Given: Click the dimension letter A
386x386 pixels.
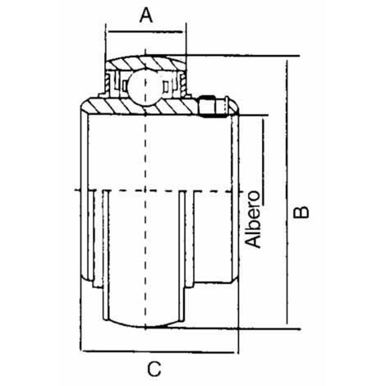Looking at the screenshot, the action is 146,15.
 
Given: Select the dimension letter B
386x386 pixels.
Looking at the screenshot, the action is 301,213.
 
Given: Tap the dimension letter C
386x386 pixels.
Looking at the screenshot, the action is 154,369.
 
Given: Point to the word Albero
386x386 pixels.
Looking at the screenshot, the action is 252,219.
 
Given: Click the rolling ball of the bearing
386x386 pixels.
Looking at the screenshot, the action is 145,87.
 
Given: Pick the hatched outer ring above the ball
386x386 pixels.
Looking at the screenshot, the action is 145,63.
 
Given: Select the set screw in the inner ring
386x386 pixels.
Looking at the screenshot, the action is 213,106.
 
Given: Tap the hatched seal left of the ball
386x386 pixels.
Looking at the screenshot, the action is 108,83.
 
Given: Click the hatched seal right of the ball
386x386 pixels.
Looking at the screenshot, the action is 183,83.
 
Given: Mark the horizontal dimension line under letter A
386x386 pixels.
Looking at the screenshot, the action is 145,32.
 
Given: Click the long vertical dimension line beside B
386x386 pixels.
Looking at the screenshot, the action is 287,192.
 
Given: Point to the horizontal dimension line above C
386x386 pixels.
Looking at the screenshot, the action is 159,352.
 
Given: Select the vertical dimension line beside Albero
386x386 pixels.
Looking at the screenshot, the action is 263,162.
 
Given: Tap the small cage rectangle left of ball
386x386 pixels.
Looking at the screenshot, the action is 124,86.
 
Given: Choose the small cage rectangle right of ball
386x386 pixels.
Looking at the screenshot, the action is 166,86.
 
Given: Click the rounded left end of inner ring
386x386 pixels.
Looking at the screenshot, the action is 85,106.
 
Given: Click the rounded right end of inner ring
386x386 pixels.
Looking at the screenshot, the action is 234,107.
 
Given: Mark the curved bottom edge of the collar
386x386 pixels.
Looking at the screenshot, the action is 145,324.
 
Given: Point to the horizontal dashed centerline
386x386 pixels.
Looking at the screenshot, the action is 159,191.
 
